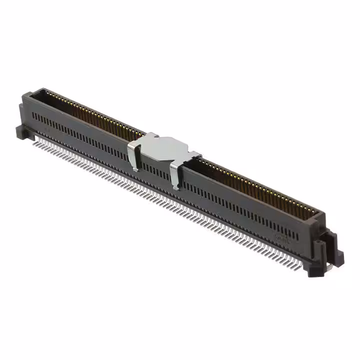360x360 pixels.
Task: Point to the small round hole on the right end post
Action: coord(318,243)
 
